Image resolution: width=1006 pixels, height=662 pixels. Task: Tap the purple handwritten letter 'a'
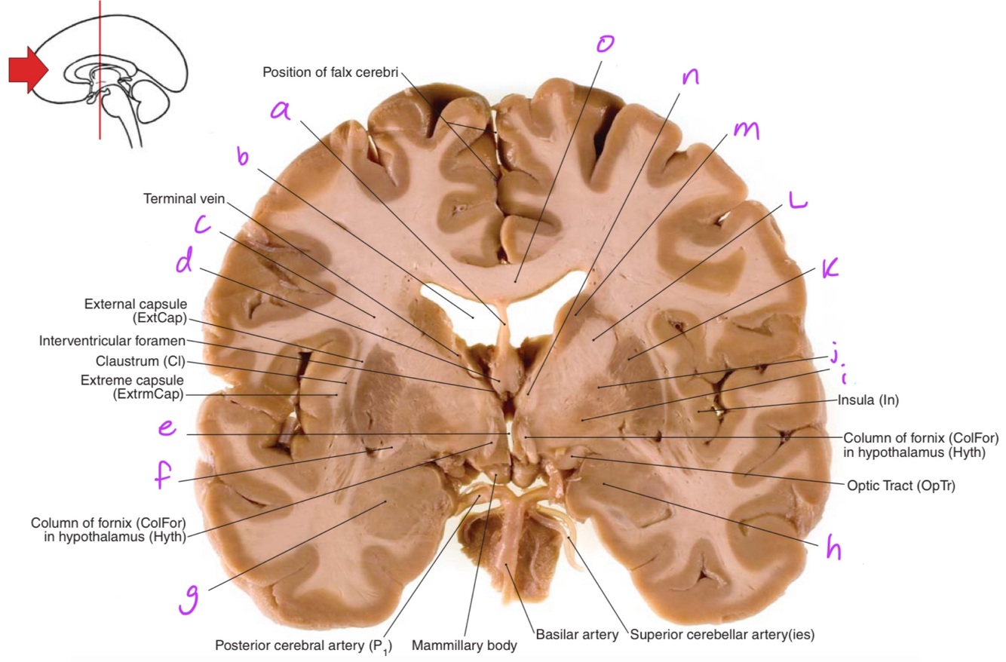point(281,110)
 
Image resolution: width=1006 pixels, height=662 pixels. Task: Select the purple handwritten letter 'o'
point(604,43)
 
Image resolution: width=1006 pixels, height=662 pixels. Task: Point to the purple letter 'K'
point(830,268)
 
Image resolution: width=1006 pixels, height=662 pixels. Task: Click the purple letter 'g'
point(189,600)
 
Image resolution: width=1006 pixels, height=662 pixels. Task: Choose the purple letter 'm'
point(746,130)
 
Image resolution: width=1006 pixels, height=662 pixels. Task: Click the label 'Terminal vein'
point(184,198)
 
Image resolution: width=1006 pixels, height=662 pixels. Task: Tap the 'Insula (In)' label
point(868,400)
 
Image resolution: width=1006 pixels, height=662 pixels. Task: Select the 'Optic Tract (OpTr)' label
point(900,486)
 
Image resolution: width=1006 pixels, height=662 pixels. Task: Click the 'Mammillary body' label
point(464,645)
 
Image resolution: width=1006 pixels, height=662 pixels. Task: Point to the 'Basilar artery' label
point(576,634)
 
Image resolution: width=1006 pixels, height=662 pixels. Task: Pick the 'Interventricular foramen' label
point(112,341)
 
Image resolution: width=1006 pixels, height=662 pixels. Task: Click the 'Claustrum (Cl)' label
point(140,361)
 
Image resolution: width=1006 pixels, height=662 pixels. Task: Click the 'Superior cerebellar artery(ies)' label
point(722,634)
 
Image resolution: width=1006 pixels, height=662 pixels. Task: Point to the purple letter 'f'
point(164,477)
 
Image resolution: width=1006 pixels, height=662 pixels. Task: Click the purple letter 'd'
point(184,262)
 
